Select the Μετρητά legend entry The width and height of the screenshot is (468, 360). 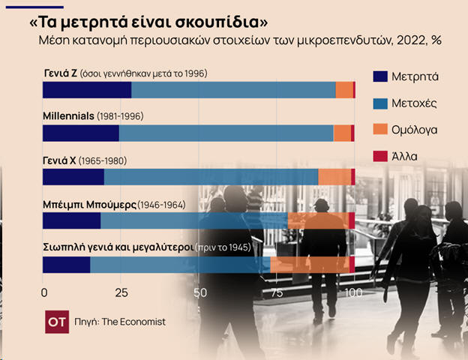(404, 76)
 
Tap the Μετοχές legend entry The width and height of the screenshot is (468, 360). (404, 103)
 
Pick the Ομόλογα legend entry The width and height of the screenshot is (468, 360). (404, 130)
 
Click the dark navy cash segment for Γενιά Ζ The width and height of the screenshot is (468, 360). (87, 90)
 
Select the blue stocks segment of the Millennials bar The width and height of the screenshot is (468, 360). (226, 133)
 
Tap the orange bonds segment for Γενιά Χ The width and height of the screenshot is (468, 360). (334, 177)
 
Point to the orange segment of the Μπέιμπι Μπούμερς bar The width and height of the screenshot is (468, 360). (318, 220)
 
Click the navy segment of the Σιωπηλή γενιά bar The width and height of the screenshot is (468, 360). (67, 265)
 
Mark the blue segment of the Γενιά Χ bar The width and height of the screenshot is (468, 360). (211, 177)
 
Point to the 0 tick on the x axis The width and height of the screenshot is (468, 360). (44, 292)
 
